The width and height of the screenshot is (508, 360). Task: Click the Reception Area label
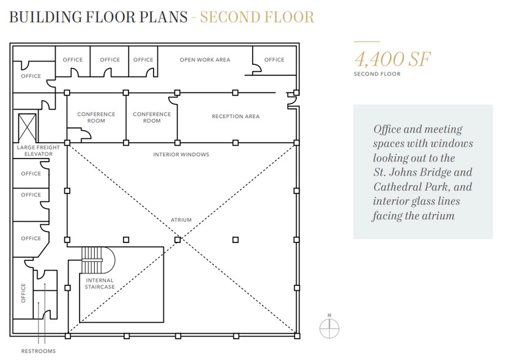click(236, 116)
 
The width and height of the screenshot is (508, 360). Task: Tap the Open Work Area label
click(205, 59)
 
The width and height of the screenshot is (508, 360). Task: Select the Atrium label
click(181, 220)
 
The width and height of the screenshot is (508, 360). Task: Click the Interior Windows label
click(181, 154)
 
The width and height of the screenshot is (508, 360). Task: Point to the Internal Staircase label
click(100, 283)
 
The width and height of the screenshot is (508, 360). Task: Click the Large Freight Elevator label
click(38, 151)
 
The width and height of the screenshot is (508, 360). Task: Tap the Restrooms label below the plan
click(38, 351)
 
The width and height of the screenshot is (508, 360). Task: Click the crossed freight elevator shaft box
click(28, 127)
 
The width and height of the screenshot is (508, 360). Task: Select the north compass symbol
click(329, 328)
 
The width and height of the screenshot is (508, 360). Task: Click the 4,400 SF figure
click(393, 59)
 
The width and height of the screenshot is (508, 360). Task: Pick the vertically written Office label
click(23, 293)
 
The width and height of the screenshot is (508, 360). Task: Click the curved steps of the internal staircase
click(98, 260)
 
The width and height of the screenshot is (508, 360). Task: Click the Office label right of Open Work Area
click(274, 59)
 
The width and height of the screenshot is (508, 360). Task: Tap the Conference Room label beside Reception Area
click(152, 118)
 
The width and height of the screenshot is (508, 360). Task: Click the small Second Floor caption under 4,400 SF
click(377, 74)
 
